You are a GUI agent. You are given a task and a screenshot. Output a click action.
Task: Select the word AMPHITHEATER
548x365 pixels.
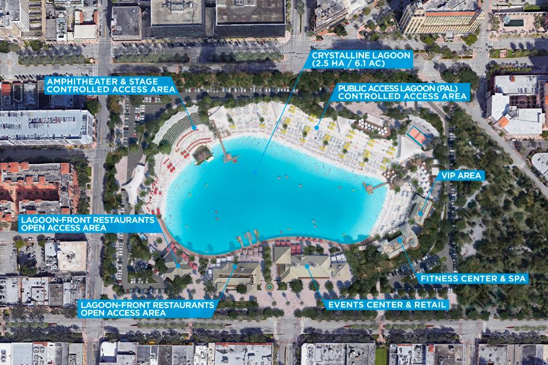(78, 79)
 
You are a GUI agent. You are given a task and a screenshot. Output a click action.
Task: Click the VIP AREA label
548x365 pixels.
(461, 175)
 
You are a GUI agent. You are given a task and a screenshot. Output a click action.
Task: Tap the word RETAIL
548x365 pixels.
(428, 305)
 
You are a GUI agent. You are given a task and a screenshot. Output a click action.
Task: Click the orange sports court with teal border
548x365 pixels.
(418, 136)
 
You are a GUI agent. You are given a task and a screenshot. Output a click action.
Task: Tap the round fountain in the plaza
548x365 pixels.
(270, 286)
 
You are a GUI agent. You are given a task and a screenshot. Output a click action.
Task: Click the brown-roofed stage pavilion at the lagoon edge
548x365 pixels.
(202, 155)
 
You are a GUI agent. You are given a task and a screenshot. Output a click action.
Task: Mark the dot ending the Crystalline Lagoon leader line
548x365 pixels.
(254, 172)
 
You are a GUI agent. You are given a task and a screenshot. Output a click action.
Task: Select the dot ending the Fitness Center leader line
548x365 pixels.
(400, 240)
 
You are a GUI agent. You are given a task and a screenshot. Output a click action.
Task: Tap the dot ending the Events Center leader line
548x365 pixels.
(307, 266)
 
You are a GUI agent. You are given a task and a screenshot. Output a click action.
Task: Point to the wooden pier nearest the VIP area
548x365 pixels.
(376, 187)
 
